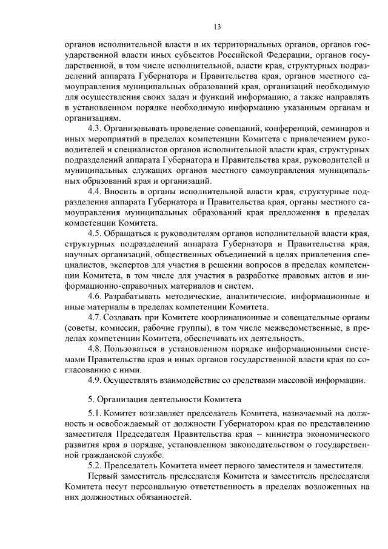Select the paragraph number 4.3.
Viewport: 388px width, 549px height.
pos(95,129)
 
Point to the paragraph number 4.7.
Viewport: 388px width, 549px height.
pos(95,318)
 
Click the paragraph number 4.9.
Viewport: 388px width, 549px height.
pos(95,380)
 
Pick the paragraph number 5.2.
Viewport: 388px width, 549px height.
pos(95,465)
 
